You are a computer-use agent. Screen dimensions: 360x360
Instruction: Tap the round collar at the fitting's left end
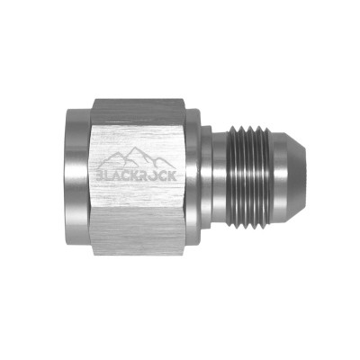coord(76,179)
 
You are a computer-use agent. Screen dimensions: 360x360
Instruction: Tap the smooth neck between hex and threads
coord(221,179)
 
